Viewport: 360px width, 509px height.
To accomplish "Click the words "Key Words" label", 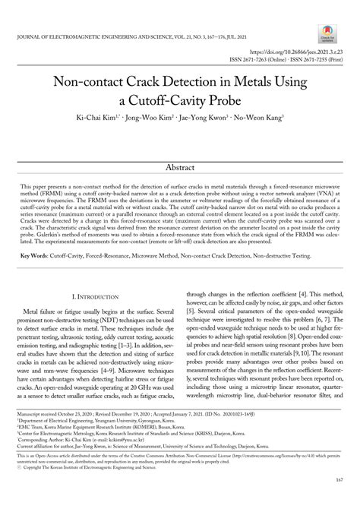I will coord(33,256).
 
